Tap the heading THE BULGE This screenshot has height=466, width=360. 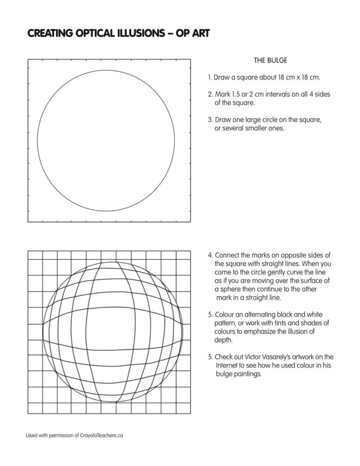click(270, 60)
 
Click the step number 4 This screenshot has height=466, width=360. click(210, 256)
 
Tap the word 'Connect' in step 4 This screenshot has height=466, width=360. click(226, 256)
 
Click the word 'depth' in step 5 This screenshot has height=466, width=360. click(223, 340)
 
